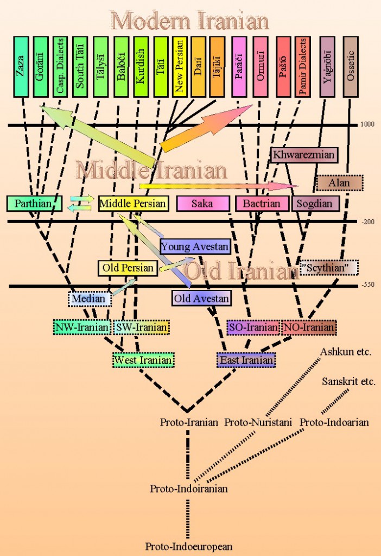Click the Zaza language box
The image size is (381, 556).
[x=21, y=67]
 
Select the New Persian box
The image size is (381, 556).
[x=180, y=67]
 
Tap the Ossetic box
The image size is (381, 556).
[x=351, y=67]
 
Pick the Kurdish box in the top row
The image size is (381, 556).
[x=141, y=67]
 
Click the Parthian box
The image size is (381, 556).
[x=34, y=204]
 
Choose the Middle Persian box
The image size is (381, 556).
[x=133, y=204]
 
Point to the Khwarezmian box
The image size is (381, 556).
[x=304, y=155]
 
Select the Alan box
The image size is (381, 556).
[x=340, y=183]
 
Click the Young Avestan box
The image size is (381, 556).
[x=195, y=247]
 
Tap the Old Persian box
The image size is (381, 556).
[x=128, y=268]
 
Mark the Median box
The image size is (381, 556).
[x=90, y=299]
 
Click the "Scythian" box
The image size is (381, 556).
[x=329, y=268]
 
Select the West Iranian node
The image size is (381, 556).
[x=143, y=361]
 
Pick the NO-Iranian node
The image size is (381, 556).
[x=309, y=327]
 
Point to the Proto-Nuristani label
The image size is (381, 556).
[x=258, y=422]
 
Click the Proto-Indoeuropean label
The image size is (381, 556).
[x=188, y=546]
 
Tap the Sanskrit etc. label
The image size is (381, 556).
[x=348, y=382]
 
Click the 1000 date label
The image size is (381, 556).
[x=367, y=124]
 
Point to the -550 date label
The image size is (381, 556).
[x=368, y=285]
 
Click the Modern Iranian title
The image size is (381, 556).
[x=190, y=21]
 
